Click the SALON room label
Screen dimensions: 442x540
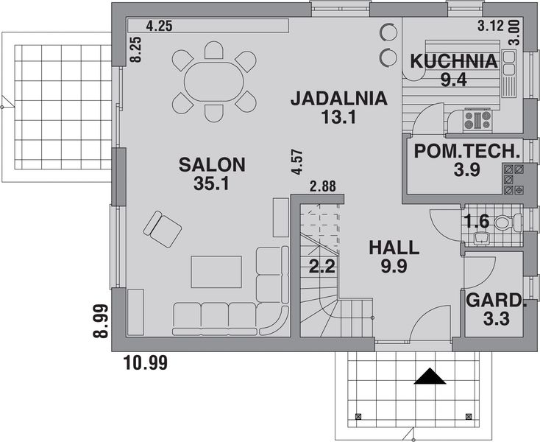[x=211, y=164]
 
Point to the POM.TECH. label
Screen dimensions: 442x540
[x=467, y=152]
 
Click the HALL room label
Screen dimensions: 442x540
[x=394, y=247]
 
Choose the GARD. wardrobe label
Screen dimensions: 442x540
[x=497, y=301]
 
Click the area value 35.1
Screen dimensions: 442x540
[x=211, y=183]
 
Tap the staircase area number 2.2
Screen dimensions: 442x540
[x=321, y=267]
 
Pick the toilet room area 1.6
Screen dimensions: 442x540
[x=477, y=220]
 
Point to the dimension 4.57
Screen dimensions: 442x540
[x=297, y=162]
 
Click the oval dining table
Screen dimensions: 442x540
[x=214, y=81]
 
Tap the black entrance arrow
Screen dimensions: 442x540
[x=430, y=377]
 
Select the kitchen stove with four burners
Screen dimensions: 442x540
[x=477, y=119]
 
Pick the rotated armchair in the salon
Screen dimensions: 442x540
[x=163, y=228]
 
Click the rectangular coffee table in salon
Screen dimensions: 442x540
[x=216, y=272]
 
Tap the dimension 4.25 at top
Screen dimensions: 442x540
[x=160, y=25]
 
